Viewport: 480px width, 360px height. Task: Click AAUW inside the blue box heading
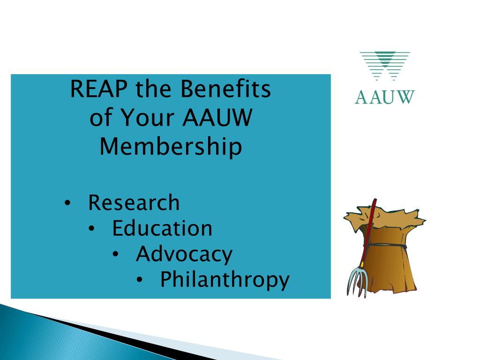point(217,119)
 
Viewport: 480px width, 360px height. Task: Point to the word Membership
point(171,147)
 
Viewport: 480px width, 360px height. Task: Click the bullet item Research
point(134,203)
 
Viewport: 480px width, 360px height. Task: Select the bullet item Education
point(162,228)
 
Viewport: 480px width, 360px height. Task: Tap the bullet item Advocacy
point(184,254)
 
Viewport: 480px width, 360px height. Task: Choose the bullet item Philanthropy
point(225,280)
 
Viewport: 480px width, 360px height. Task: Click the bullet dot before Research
point(68,203)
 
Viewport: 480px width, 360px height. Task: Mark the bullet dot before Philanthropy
point(140,280)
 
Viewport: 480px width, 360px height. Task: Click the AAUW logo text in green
point(384,97)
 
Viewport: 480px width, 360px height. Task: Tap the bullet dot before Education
point(92,229)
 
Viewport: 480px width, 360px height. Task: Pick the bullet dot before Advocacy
point(116,255)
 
